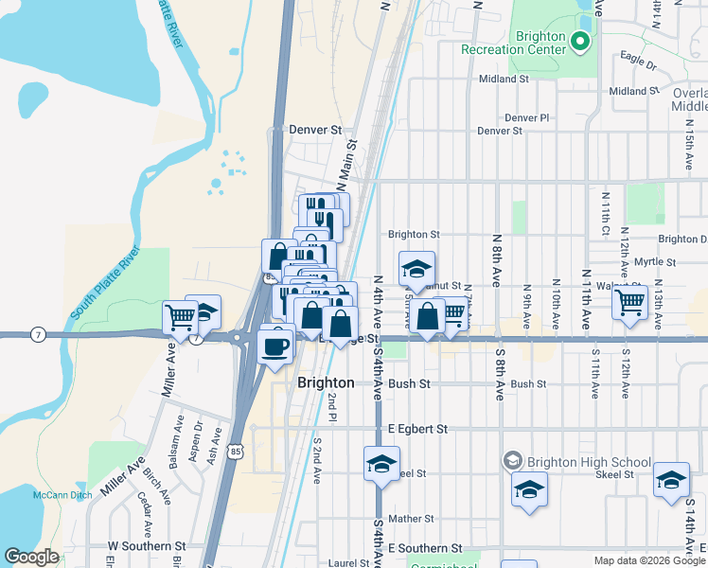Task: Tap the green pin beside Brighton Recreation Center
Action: pos(580,42)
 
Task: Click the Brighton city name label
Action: pos(326,383)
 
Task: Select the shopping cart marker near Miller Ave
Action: pos(179,317)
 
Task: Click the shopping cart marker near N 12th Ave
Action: pos(629,303)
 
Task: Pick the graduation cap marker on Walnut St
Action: pos(416,270)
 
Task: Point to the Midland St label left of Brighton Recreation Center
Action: pos(504,80)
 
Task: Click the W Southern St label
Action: pos(146,546)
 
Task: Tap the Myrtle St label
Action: pos(655,261)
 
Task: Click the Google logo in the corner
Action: pos(31,557)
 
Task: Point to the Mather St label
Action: pos(410,519)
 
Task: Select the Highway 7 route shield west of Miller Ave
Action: pos(38,334)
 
